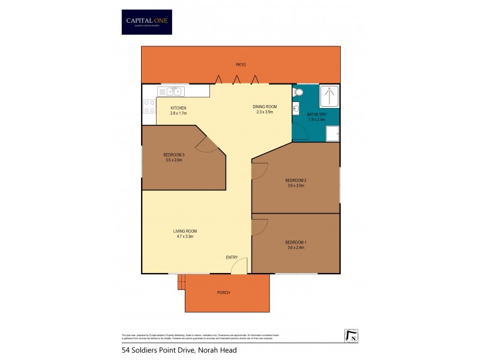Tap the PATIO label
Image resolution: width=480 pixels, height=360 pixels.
(241, 64)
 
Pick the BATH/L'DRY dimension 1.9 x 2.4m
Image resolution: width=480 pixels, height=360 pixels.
(316, 118)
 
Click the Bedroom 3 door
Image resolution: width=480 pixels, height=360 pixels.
(208, 144)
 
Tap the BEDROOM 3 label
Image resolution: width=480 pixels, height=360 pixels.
(175, 155)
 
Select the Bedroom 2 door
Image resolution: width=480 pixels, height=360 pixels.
(258, 170)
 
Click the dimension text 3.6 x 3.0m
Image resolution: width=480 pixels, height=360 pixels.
(295, 186)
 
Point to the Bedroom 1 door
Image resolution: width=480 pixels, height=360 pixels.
(259, 227)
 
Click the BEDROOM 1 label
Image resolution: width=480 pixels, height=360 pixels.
(295, 242)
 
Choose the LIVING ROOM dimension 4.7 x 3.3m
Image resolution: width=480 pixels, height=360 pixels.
(185, 236)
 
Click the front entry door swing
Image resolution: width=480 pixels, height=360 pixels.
(239, 266)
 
